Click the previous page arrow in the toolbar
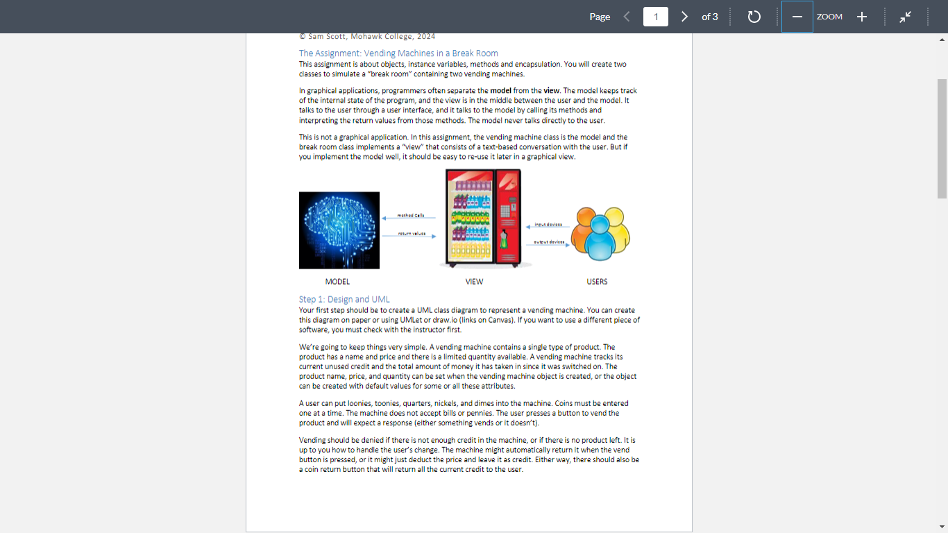pos(627,17)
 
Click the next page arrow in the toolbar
pos(684,17)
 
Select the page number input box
pos(655,17)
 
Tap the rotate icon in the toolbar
pos(754,17)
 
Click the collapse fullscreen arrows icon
pos(905,17)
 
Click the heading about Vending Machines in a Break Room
pos(398,53)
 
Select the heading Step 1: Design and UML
pos(344,299)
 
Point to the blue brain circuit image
pos(339,230)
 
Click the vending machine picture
pos(484,219)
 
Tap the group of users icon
pos(600,229)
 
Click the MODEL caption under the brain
pos(337,282)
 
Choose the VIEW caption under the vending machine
pos(474,282)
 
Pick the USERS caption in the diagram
pos(597,282)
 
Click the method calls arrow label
pos(411,216)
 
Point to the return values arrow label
pos(411,234)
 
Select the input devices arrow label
pos(548,225)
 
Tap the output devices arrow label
pos(548,242)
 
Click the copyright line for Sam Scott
pos(367,36)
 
